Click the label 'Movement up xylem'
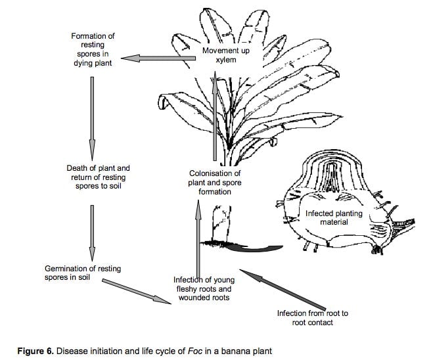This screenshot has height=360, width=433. (226, 55)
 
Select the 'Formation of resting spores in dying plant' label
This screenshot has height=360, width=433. (93, 49)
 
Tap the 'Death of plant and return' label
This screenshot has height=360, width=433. (99, 173)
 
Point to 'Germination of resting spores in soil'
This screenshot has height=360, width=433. (83, 273)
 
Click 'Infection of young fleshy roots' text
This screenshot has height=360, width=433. (204, 284)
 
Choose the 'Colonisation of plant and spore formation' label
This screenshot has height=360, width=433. (215, 183)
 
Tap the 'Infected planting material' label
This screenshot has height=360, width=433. (334, 217)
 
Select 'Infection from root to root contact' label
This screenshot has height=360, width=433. (313, 318)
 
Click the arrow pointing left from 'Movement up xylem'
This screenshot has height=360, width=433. (158, 58)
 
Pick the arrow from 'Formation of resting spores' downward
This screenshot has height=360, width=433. (92, 118)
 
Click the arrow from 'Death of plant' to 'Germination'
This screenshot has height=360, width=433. (92, 233)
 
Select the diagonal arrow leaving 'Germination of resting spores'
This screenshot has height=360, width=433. (137, 292)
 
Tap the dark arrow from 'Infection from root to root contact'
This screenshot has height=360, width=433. (283, 289)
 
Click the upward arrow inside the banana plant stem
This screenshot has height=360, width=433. (215, 115)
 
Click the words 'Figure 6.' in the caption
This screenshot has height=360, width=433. (35, 351)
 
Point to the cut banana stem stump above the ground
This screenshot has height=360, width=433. (221, 223)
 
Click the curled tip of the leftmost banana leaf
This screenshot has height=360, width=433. (163, 102)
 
